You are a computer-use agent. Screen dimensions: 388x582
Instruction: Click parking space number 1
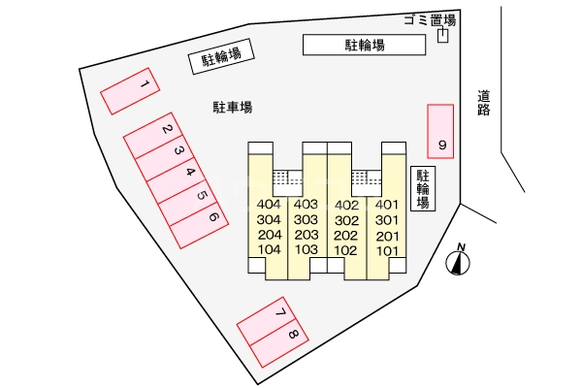click(x=129, y=91)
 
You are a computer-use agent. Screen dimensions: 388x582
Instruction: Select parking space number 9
click(x=441, y=130)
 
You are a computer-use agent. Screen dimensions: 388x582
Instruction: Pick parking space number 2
click(x=155, y=137)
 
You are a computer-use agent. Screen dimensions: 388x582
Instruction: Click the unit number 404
click(x=270, y=205)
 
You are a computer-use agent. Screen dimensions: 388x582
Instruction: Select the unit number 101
click(x=387, y=251)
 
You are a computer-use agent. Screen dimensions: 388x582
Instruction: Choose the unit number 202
click(x=346, y=236)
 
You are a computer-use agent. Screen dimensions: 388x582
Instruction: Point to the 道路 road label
click(x=484, y=103)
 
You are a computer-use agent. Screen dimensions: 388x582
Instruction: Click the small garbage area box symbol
click(x=443, y=36)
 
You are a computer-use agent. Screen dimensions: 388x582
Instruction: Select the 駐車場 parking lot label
click(x=233, y=107)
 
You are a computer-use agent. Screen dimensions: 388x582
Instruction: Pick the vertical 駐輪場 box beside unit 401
click(x=423, y=188)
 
